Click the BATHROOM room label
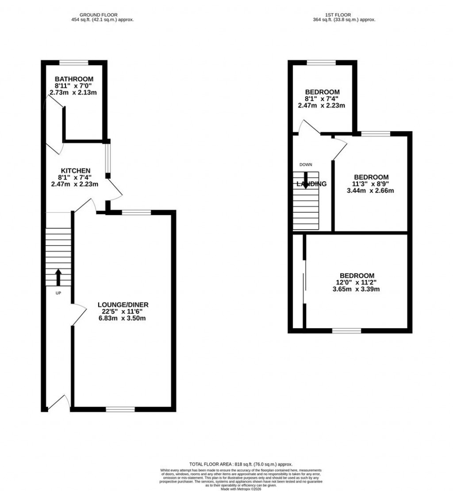[74, 79]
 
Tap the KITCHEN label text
[76, 170]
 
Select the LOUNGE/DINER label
[123, 305]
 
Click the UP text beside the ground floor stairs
[58, 293]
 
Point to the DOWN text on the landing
[306, 165]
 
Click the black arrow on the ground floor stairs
[58, 277]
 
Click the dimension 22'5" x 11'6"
[123, 311]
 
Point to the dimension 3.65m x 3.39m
[357, 289]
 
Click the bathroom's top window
[74, 62]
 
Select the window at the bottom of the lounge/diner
[120, 409]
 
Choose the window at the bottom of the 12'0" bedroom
[346, 330]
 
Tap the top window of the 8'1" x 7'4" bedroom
[321, 62]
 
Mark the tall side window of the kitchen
[107, 158]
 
